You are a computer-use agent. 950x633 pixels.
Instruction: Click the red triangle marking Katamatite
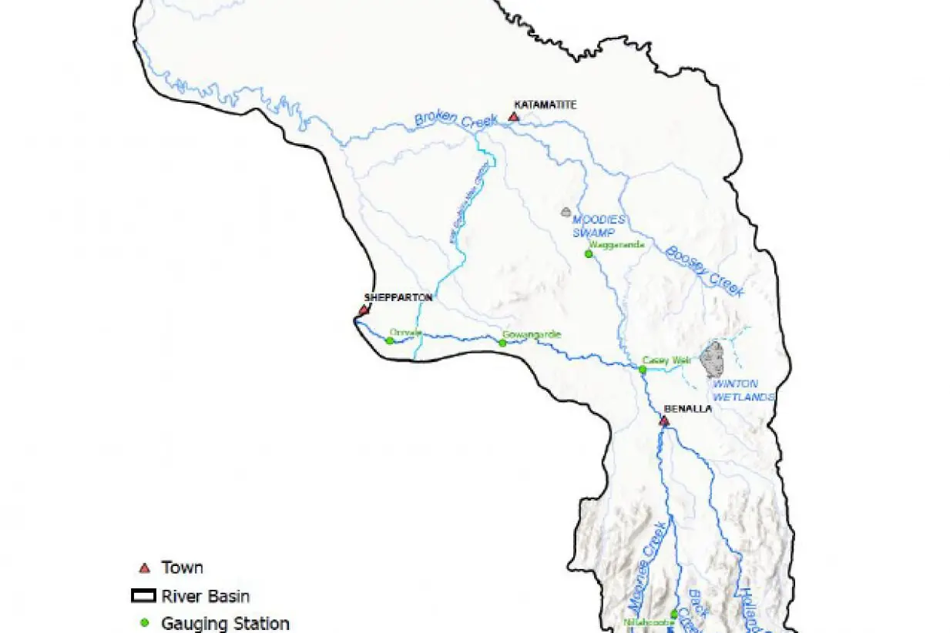click(x=514, y=117)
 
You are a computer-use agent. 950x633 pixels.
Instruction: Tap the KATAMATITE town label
click(x=545, y=104)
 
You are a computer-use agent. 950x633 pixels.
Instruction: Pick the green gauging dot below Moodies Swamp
click(x=589, y=253)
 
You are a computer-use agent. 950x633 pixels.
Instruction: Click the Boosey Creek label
click(x=705, y=270)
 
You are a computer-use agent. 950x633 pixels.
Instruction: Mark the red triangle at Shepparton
click(x=363, y=310)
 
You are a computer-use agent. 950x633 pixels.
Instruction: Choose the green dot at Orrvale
click(x=390, y=340)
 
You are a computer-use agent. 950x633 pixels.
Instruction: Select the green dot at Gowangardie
click(x=502, y=343)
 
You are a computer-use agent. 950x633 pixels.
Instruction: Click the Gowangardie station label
click(x=532, y=334)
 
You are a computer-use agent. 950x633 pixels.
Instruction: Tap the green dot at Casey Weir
click(x=643, y=370)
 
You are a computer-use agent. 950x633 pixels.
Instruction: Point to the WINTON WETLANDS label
click(x=735, y=390)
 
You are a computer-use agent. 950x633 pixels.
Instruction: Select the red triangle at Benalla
click(x=663, y=421)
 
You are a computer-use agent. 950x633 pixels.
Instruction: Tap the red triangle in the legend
click(x=143, y=568)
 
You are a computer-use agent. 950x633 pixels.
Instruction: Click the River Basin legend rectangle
click(x=143, y=596)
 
